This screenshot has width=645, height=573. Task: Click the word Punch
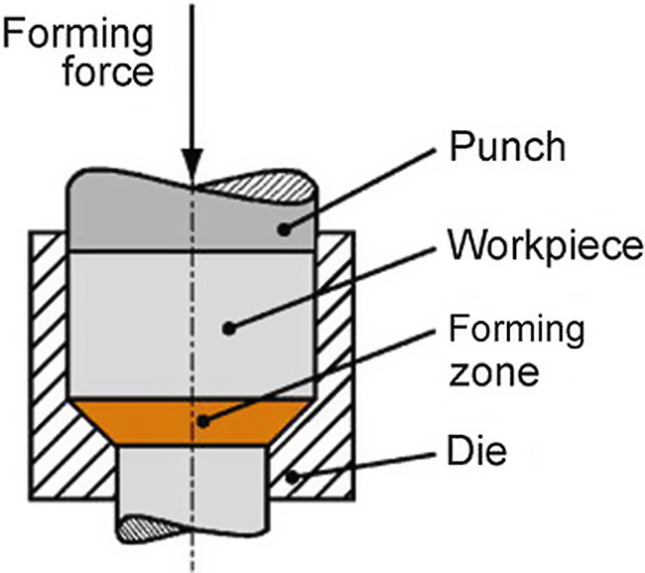click(x=507, y=148)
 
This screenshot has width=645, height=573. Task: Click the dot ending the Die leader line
click(x=292, y=479)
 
